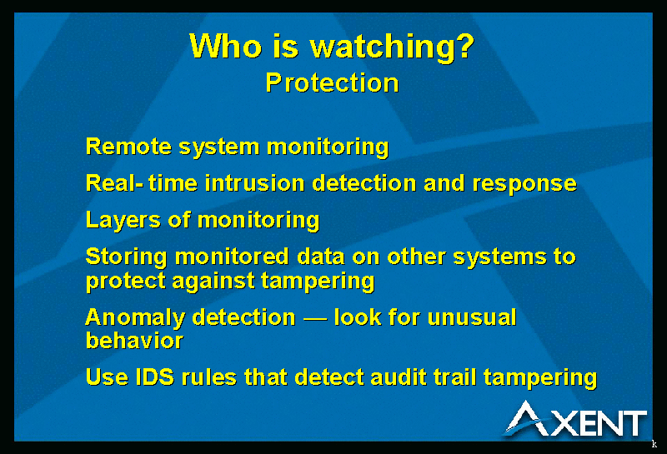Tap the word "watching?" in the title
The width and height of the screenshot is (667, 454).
pos(392,47)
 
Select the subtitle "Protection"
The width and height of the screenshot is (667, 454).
pos(332,82)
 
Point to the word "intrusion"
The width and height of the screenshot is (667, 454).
pos(254,183)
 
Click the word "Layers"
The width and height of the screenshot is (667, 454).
pos(123,221)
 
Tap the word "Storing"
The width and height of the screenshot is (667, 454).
pos(127,258)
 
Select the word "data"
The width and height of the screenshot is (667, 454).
pos(320,257)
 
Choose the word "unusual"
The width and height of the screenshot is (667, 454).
pos(472,317)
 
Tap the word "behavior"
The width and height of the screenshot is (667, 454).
pos(134,340)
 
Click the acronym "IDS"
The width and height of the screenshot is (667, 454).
pos(155,377)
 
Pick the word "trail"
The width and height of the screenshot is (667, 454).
pos(454,377)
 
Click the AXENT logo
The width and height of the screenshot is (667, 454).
pos(574,420)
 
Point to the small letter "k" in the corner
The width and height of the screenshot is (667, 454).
pos(654,444)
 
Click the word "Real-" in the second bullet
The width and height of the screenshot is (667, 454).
pos(114,183)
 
